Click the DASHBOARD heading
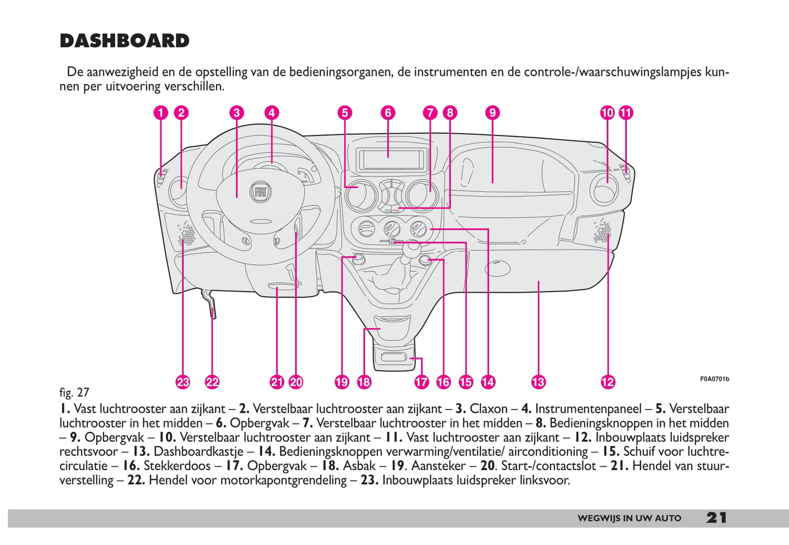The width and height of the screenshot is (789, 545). (124, 41)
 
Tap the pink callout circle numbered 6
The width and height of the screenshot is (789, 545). (388, 113)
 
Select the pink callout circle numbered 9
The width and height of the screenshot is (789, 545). (492, 113)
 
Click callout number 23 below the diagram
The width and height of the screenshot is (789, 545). (183, 382)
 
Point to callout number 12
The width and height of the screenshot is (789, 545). (607, 382)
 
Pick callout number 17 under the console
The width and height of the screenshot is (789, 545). (422, 382)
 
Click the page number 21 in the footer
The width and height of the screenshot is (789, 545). (716, 518)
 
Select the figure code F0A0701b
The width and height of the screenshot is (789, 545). (714, 379)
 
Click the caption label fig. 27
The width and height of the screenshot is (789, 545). (74, 393)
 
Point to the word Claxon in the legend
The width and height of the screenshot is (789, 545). (488, 409)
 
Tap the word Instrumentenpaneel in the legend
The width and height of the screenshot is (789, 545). (588, 409)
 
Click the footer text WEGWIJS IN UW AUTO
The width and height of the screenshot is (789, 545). (629, 518)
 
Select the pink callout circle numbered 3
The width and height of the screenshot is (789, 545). (236, 113)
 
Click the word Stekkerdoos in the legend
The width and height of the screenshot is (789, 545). (177, 466)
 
